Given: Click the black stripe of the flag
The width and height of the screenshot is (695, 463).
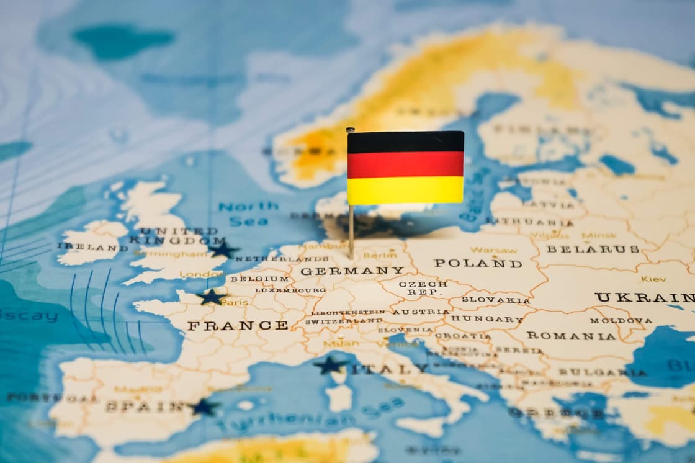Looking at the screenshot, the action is point(405,142).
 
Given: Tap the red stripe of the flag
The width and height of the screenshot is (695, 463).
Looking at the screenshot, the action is point(405,164).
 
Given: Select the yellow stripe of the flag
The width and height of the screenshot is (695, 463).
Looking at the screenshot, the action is point(405,190).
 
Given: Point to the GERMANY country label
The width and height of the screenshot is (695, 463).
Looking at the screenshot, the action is point(352,271).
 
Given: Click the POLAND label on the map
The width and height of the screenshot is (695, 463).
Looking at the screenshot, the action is point(478,263).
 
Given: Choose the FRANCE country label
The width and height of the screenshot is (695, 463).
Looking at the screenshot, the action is point(238,325).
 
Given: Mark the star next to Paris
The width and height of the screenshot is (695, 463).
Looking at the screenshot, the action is point(212,297).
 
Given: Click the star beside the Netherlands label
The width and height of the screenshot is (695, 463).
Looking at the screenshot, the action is point(223,249).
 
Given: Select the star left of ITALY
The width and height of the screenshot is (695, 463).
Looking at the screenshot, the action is point(330,365).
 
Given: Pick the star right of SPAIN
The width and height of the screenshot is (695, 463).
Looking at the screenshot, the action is point(203,407).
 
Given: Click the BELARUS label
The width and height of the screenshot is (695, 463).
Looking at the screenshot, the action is point(593,249).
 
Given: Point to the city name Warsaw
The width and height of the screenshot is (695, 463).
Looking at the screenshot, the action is point(493,250).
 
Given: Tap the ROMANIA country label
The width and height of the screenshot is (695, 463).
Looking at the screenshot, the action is point(571,336).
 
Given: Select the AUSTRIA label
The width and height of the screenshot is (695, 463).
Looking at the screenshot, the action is point(421,312).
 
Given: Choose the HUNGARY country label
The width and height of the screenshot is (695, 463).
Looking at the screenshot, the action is point(487,319).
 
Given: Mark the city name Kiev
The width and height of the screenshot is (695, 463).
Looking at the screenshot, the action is point(653,279).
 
